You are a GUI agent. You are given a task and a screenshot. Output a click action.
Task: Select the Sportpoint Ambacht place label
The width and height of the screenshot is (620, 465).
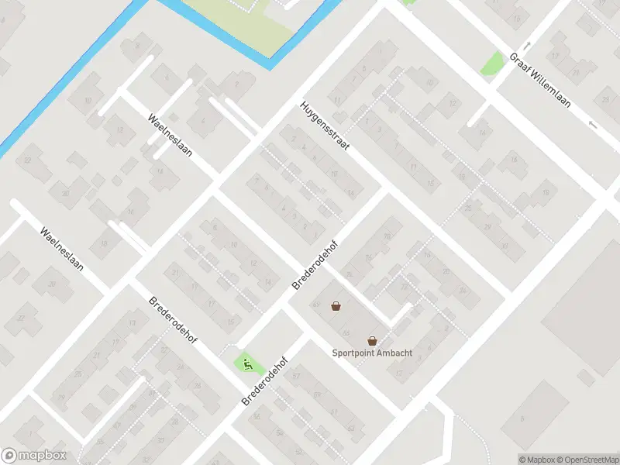pos(372,353)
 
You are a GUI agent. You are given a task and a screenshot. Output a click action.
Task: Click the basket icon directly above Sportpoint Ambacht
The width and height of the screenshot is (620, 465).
pos(373,340)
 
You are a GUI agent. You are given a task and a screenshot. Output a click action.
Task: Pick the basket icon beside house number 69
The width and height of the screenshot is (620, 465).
pos(336,306)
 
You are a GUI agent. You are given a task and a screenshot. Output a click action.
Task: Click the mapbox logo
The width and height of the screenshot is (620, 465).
pos(34,456)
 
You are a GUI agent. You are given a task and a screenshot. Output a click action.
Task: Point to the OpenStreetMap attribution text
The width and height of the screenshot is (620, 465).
pos(587,460)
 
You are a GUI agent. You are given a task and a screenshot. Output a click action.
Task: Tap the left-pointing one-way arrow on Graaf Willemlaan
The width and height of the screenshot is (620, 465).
pos(593,124)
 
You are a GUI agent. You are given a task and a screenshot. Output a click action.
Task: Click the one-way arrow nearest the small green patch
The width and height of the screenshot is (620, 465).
pos(528,45)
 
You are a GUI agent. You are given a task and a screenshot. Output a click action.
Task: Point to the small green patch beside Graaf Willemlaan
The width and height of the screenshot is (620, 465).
pos(492,62)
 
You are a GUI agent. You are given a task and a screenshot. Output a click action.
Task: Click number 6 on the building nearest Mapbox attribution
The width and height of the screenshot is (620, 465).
pos(522,419)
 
